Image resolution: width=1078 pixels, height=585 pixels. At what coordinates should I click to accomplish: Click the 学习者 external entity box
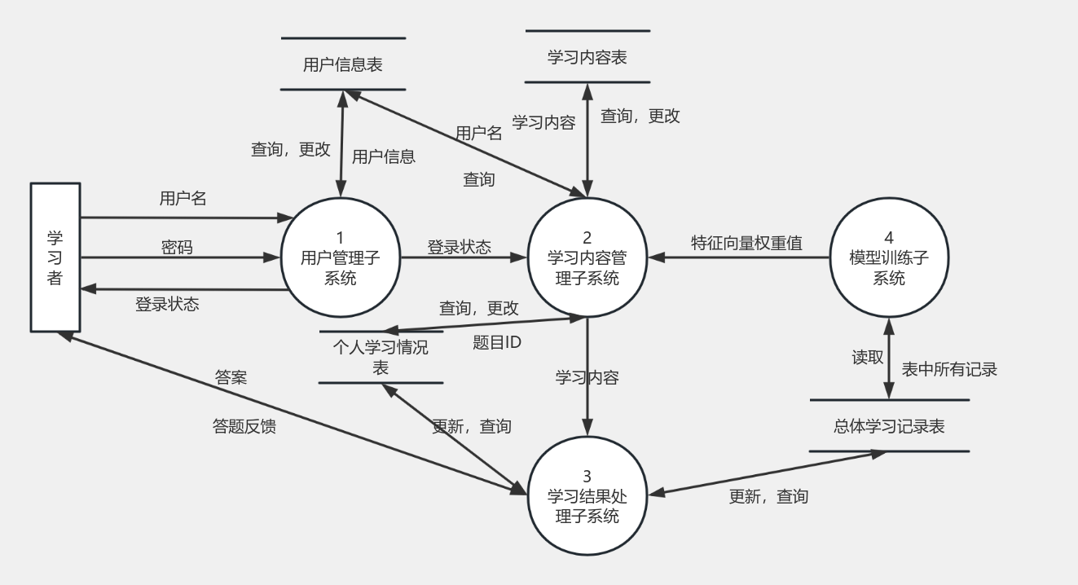[x=55, y=257]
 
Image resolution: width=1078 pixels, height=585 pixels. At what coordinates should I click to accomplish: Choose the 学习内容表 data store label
[x=587, y=57]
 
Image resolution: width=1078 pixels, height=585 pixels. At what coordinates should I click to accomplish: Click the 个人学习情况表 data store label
[x=381, y=357]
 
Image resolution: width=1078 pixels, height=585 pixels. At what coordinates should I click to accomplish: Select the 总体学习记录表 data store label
[x=889, y=426]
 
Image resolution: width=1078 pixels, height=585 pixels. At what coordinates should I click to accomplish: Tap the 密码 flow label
[x=177, y=248]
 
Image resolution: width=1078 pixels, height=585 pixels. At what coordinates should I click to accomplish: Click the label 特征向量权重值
[x=746, y=243]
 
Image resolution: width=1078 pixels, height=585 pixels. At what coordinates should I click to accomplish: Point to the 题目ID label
[x=497, y=343]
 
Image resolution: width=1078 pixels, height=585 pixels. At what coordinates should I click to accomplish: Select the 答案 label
[x=231, y=377]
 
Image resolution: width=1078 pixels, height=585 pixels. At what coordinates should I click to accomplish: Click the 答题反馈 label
[x=244, y=426]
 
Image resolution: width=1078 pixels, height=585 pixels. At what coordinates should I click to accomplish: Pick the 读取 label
[x=868, y=358]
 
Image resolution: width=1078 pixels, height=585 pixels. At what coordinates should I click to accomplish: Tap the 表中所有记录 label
[x=949, y=369]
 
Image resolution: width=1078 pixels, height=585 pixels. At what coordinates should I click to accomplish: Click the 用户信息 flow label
[x=384, y=157]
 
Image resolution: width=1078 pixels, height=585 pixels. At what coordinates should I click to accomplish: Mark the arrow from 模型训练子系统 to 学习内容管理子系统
[x=737, y=257]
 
